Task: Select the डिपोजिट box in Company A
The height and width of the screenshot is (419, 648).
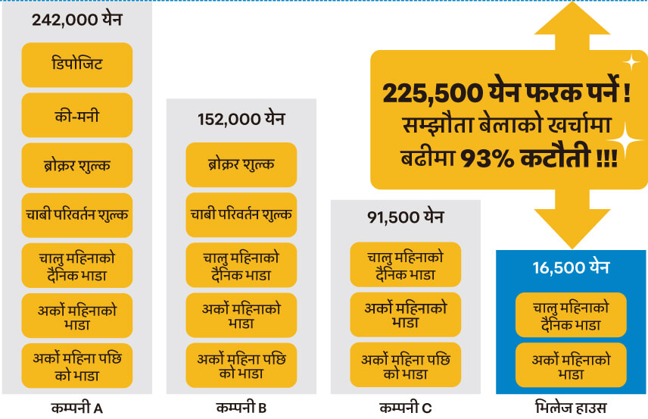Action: coord(76,64)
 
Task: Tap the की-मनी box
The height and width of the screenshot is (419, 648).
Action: coord(76,115)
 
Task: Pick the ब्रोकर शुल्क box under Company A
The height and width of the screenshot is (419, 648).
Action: coord(76,164)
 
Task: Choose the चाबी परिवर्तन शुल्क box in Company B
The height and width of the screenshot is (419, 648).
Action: coord(241,214)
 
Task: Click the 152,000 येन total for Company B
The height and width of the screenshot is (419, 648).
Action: coord(241,119)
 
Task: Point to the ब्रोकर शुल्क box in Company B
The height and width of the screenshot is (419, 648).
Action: coord(241,164)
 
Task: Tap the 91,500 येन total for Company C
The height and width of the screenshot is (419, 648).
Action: coord(405,217)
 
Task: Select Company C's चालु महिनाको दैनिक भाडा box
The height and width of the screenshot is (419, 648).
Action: coord(405,264)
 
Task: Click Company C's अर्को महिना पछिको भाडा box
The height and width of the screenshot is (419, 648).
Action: coord(405,366)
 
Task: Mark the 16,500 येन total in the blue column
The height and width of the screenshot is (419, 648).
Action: coord(570,267)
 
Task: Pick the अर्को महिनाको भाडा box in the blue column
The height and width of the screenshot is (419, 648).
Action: coord(570,366)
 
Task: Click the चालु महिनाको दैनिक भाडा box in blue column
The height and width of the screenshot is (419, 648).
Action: coord(570,314)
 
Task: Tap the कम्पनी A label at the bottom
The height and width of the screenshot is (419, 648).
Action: coord(76,408)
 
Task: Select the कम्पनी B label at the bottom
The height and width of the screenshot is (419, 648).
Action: coord(241,408)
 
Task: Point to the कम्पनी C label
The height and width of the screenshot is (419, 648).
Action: coord(405,408)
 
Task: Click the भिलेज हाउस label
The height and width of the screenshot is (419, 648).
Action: coord(570,408)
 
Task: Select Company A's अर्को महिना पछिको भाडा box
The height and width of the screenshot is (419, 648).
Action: coord(76,366)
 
